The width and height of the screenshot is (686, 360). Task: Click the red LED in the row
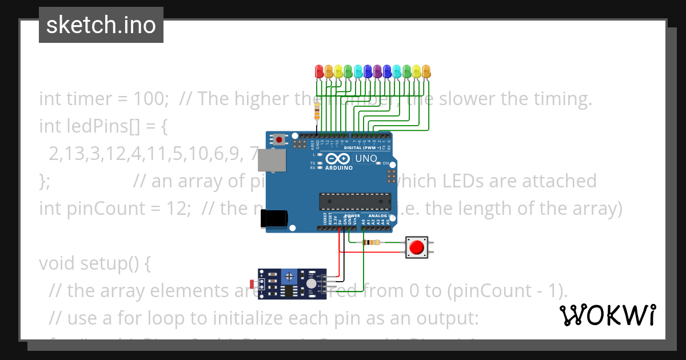tap(320, 71)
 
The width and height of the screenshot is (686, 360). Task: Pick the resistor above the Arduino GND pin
tap(318, 112)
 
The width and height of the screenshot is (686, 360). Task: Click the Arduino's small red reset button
tap(279, 139)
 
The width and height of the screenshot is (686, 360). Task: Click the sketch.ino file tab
tap(101, 25)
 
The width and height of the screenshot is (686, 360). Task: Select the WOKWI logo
tap(607, 315)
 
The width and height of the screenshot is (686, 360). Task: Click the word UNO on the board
tap(366, 158)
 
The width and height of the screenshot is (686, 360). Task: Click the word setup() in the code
tap(118, 263)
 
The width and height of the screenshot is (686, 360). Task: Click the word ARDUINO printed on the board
tap(338, 168)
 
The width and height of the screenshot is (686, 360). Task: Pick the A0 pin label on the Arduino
tap(364, 220)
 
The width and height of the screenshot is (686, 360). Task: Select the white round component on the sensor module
tap(310, 283)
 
